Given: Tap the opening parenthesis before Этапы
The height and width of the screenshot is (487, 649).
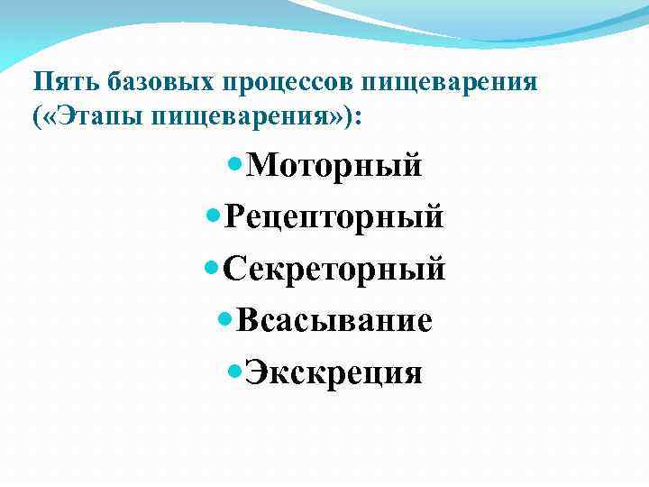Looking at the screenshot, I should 38,117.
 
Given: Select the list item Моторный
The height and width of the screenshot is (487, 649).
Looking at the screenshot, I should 334,166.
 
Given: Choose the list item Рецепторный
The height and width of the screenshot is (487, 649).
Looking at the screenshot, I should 334,217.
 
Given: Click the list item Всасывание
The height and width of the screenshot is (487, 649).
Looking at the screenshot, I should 334,320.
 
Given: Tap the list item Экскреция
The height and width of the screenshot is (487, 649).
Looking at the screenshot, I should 334,372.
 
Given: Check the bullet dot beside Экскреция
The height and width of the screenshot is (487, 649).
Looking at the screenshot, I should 235,371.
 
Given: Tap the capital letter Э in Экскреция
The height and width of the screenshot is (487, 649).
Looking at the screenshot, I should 257,372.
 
